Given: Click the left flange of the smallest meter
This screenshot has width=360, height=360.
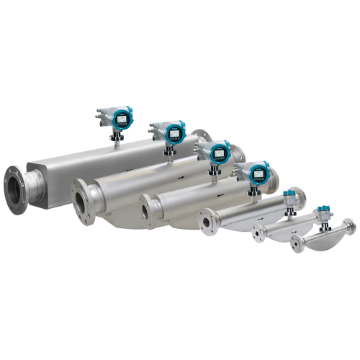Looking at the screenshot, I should click(x=296, y=244).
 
